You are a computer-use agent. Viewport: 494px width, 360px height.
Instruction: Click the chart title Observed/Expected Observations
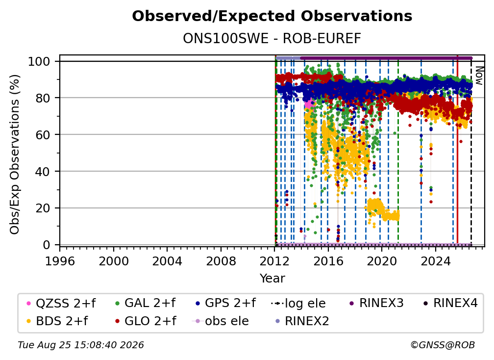click(x=272, y=16)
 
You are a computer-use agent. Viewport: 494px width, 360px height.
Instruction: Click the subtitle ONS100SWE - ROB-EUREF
click(x=272, y=39)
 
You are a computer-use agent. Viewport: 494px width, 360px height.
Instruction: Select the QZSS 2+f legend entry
click(x=61, y=303)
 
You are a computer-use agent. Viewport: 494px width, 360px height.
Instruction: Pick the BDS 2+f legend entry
click(x=57, y=321)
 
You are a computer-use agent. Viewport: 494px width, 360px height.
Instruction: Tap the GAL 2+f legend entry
click(x=145, y=303)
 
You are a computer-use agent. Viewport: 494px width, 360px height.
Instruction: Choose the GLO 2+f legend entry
click(x=146, y=321)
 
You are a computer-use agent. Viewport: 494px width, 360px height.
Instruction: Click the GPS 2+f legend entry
click(x=225, y=303)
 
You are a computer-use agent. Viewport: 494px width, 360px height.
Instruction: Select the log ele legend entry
click(x=298, y=304)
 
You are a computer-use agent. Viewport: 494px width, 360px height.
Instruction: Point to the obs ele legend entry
click(x=220, y=321)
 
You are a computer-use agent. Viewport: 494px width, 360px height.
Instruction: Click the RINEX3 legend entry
click(x=376, y=303)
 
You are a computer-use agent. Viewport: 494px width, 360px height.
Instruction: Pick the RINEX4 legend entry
click(x=450, y=303)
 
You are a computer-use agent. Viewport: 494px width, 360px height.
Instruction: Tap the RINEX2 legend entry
click(x=302, y=321)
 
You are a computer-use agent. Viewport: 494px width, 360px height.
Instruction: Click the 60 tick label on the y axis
click(x=43, y=135)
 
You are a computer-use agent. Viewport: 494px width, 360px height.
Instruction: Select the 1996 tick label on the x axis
click(x=60, y=261)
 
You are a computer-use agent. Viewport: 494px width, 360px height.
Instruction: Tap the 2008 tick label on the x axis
click(x=221, y=261)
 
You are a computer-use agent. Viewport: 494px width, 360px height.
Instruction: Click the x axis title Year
click(x=272, y=279)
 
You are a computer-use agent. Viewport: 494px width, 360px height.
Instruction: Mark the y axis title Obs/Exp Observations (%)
click(x=15, y=154)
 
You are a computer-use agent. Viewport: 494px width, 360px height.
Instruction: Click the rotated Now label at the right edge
click(x=479, y=76)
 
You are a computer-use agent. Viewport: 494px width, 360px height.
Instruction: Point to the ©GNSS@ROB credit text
click(x=443, y=345)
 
